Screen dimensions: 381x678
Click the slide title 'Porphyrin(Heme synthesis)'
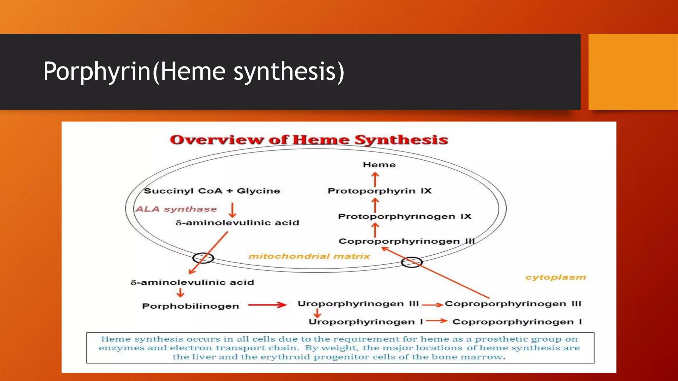194,71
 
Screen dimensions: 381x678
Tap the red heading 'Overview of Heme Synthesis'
309,140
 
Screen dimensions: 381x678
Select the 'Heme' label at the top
379,165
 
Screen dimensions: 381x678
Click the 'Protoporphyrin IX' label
379,191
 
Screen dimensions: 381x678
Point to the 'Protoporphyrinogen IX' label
405,216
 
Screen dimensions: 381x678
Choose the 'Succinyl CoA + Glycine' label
212,191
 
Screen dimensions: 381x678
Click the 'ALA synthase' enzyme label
176,209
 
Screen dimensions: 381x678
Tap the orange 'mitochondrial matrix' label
309,256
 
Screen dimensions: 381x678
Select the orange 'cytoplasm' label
556,277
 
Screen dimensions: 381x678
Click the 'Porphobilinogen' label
190,306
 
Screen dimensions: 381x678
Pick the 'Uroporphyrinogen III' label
358,304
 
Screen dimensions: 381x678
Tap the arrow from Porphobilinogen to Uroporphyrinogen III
267,305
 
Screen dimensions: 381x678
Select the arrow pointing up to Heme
375,179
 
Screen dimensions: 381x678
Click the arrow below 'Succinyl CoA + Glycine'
232,210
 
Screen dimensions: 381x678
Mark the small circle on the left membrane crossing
203,258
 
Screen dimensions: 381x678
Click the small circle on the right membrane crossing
412,262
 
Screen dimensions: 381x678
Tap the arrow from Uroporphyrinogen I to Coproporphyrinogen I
437,321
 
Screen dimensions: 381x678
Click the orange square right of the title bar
633,71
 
